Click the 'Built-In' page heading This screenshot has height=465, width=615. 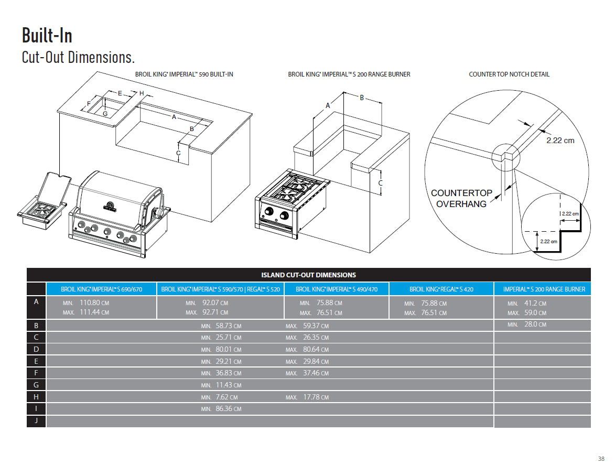[x=47, y=35]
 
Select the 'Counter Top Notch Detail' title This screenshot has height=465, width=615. [x=509, y=74]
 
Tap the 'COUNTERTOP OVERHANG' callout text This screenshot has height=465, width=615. [x=461, y=198]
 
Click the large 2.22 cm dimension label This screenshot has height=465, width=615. [x=560, y=140]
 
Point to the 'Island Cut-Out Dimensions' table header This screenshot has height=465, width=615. [x=308, y=275]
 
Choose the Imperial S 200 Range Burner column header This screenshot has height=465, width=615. [x=544, y=289]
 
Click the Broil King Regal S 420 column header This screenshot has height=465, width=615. [x=441, y=289]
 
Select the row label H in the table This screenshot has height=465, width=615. [x=36, y=397]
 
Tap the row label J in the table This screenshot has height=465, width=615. [x=36, y=420]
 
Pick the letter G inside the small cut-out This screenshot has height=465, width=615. [x=105, y=113]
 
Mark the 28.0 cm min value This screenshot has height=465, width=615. [x=535, y=325]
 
